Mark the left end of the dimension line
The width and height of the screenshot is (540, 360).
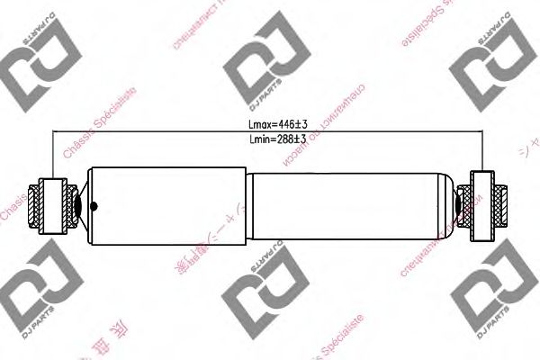(56, 132)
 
